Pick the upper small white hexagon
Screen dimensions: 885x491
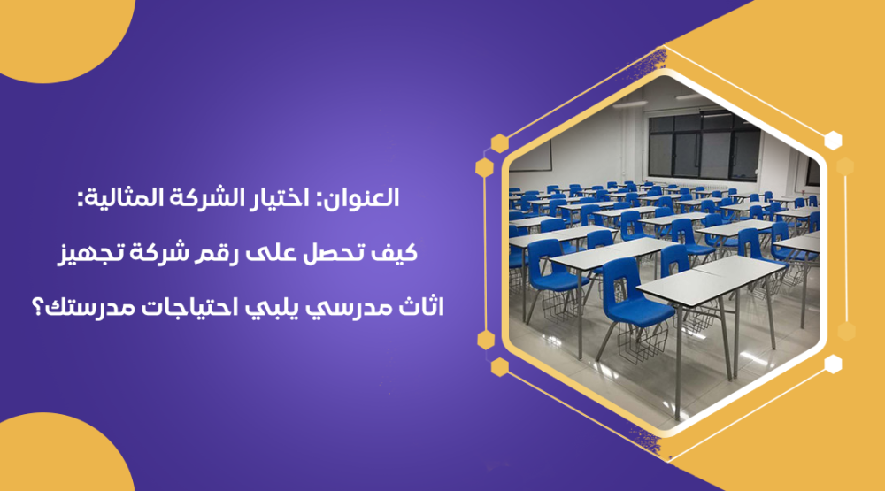point(833,141)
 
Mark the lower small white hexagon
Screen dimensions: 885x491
point(833,364)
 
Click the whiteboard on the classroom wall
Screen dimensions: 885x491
point(530,157)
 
